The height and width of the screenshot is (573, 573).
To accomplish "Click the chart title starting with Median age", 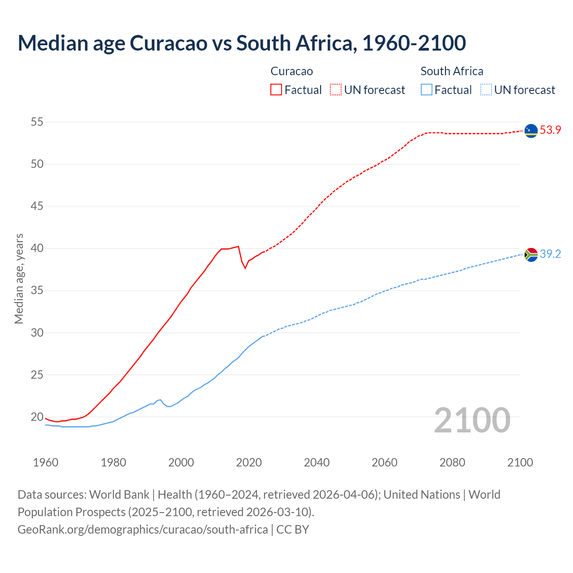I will [242, 43].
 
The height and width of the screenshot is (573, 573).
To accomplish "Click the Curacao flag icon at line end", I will [531, 131].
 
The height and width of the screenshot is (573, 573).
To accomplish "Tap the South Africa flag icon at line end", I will [531, 255].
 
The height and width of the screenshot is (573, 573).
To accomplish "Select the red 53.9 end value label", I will [550, 130].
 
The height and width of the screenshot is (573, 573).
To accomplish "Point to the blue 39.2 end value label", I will [550, 254].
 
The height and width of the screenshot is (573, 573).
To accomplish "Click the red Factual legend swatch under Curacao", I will [276, 90].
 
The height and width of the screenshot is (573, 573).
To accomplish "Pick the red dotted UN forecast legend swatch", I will [336, 90].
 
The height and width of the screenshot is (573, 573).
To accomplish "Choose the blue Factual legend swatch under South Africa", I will [427, 90].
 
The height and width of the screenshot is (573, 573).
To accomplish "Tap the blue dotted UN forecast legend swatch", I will [486, 90].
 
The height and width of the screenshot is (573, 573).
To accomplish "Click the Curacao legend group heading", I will [291, 71].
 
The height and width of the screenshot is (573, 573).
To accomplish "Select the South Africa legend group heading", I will [452, 71].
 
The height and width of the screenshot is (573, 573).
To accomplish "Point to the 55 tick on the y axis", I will [37, 122].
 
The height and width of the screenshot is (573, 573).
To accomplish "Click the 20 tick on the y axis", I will [37, 417].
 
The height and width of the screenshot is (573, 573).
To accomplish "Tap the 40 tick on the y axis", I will [37, 248].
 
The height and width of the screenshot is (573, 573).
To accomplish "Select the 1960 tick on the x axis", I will [46, 462].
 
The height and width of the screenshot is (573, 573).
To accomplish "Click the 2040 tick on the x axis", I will [316, 462].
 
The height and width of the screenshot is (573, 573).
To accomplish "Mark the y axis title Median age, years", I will [19, 278].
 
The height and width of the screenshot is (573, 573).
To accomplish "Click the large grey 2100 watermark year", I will [472, 420].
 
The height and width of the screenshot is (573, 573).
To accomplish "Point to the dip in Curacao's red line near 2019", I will [245, 268].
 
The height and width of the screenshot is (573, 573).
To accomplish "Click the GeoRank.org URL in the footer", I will [143, 530].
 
